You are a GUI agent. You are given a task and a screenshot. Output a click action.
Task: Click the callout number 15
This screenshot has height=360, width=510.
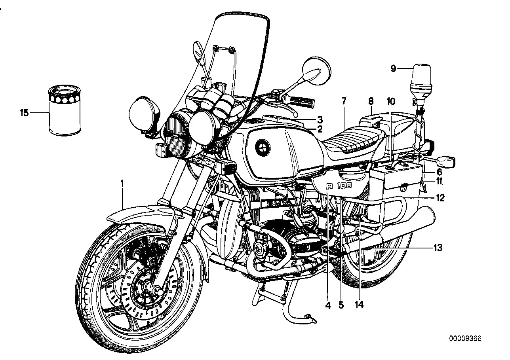click(24, 113)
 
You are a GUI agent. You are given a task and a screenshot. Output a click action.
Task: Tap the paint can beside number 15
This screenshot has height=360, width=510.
click(64, 111)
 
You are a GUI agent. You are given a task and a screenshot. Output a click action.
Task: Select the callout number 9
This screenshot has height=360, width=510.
click(393, 69)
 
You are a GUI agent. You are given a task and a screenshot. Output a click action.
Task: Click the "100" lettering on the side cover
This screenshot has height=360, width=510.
click(344, 185)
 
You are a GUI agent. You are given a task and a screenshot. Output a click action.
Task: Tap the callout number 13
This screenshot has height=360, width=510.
click(438, 248)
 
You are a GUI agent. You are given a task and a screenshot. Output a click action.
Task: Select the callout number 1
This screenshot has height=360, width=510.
click(122, 183)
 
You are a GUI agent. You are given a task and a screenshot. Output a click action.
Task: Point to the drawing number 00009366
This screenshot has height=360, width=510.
click(465, 339)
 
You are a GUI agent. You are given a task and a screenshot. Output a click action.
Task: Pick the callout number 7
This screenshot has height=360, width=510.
click(344, 101)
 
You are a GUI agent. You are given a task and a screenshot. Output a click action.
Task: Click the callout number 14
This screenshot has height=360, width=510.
click(360, 305)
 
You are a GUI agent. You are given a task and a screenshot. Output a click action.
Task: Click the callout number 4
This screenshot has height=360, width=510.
click(328, 305)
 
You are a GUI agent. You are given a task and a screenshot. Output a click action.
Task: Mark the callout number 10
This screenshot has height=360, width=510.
click(391, 101)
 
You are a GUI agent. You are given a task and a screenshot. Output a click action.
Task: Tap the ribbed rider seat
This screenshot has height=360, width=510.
click(352, 142)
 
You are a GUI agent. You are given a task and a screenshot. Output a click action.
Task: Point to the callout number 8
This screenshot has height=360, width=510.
click(371, 101)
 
